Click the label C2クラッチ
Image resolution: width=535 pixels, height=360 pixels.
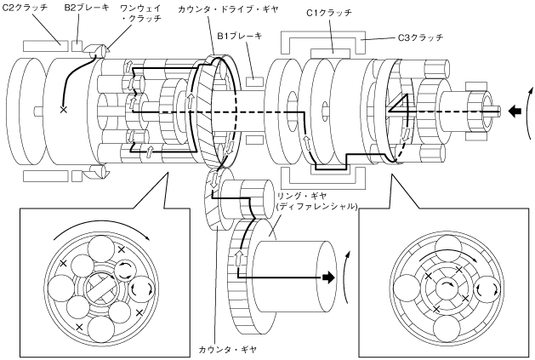25,7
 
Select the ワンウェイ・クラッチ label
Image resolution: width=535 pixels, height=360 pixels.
140,13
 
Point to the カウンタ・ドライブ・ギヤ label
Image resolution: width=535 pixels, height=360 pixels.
228,9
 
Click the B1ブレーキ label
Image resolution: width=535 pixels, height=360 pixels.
240,36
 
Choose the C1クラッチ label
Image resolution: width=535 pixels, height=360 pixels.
329,13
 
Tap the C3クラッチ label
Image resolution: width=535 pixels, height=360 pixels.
421,37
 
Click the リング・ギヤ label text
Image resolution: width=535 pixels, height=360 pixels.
302,196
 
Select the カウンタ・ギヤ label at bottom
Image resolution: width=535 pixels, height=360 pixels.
228,349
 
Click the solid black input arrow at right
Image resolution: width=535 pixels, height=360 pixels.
515,111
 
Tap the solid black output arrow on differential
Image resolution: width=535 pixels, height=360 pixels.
328,277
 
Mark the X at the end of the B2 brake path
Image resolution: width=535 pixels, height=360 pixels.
63,110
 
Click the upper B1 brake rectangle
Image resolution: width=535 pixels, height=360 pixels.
254,82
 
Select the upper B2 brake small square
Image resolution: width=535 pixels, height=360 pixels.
77,46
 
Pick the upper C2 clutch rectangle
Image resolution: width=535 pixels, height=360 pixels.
46,46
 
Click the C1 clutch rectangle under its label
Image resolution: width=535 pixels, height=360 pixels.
330,53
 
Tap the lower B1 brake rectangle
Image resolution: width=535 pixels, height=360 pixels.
254,140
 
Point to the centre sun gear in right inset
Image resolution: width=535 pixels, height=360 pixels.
447,286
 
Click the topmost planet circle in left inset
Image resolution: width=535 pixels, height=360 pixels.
102,251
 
